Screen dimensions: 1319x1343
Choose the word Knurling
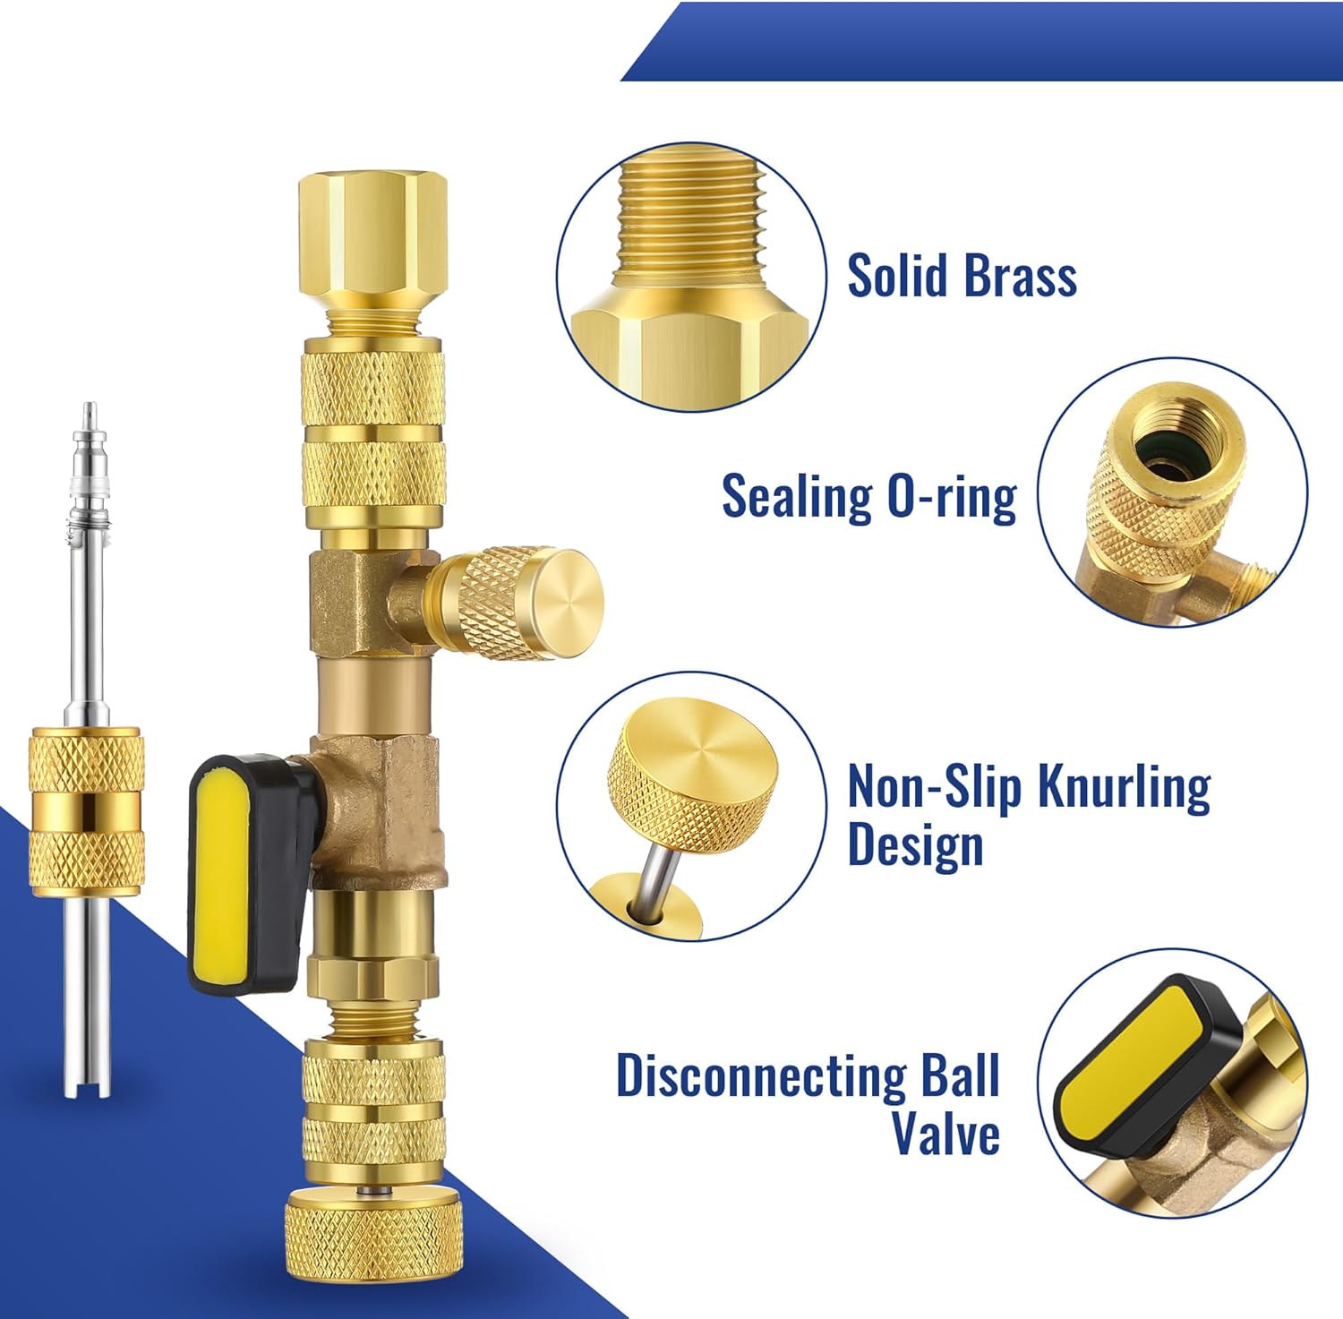[1124, 787]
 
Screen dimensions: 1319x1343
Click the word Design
[914, 844]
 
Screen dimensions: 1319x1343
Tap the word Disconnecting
[761, 1075]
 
